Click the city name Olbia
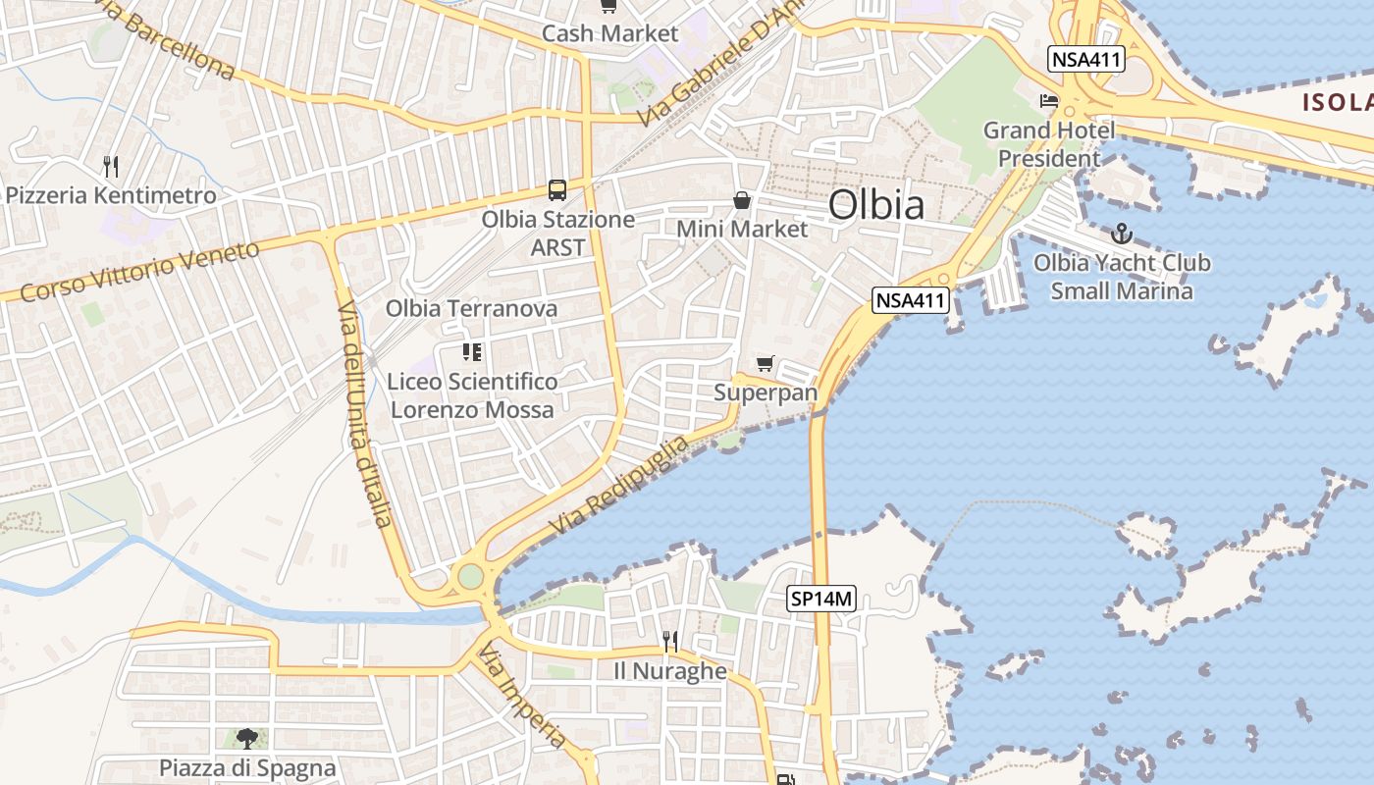(875, 205)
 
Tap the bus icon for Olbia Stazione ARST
(557, 189)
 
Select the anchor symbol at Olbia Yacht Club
(1121, 234)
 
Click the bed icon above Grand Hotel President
(1049, 101)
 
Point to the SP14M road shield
(822, 599)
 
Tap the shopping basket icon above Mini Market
(742, 200)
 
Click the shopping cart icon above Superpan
(766, 364)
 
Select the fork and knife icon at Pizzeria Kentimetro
(110, 167)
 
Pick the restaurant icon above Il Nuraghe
(670, 642)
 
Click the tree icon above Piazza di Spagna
(247, 738)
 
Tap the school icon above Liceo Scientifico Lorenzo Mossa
(471, 351)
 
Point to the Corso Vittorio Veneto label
(139, 271)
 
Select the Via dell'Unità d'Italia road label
(365, 414)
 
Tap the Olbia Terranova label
(471, 308)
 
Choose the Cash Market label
(609, 33)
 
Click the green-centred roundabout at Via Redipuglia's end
(471, 576)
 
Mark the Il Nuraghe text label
(670, 671)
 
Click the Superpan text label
(766, 392)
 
